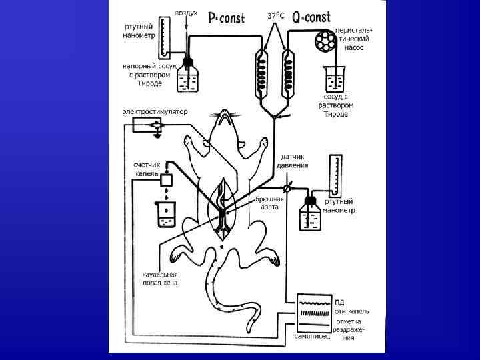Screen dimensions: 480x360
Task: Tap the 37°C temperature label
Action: (x=276, y=15)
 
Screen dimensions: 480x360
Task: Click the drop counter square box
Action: (x=166, y=179)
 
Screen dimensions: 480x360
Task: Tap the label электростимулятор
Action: (x=155, y=111)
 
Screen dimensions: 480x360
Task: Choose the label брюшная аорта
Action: (x=271, y=203)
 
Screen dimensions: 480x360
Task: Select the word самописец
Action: (x=313, y=336)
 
